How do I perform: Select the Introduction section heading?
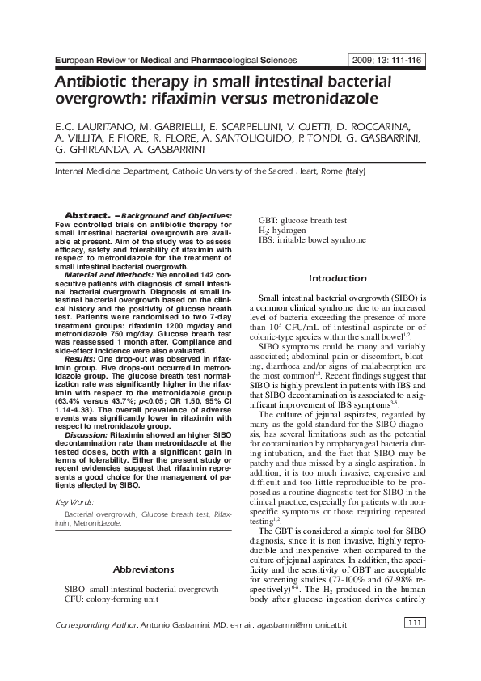coord(337,278)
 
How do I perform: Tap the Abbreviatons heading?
coord(143,569)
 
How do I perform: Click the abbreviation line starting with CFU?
coord(112,599)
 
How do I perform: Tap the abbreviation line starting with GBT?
coord(302,220)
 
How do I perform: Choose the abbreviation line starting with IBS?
coord(311,239)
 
